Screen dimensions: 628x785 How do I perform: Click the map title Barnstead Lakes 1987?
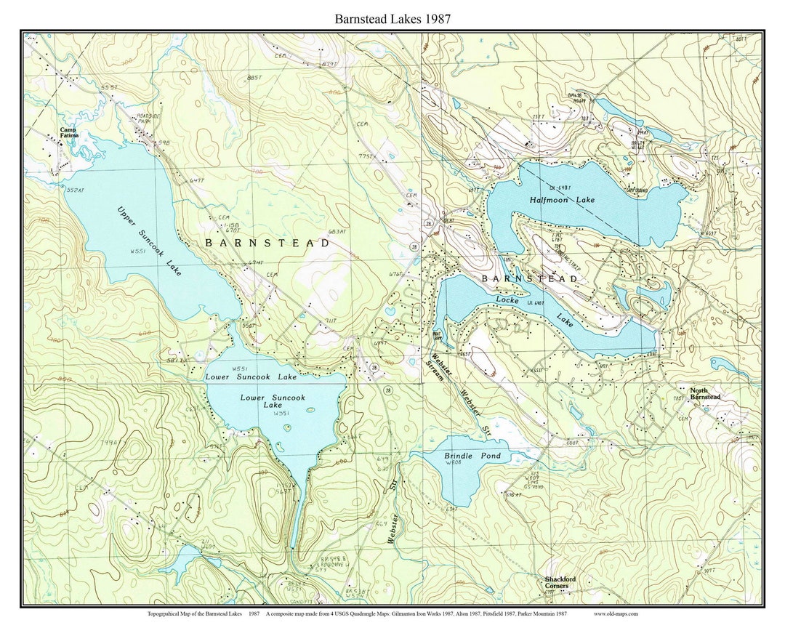pyautogui.click(x=392, y=19)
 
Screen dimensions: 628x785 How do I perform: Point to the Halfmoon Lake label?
pyautogui.click(x=562, y=199)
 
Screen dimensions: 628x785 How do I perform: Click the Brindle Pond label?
pyautogui.click(x=472, y=456)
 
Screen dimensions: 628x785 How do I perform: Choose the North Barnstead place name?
pyautogui.click(x=705, y=393)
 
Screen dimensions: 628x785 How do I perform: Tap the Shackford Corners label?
pyautogui.click(x=560, y=582)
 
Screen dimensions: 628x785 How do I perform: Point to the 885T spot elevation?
pyautogui.click(x=254, y=77)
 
